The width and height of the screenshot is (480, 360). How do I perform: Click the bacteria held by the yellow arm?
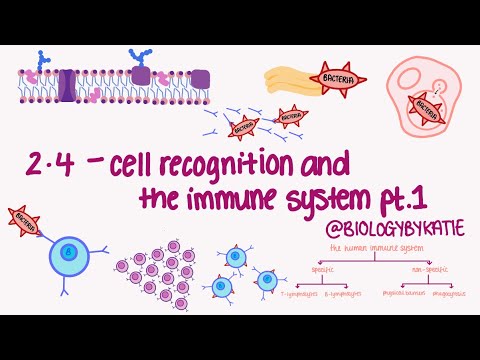(336, 77)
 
